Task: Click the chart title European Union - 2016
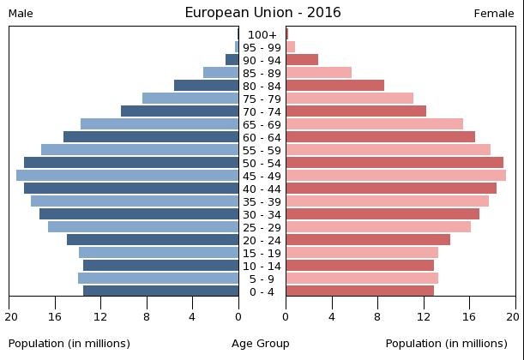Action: (x=262, y=12)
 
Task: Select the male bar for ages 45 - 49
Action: (x=127, y=176)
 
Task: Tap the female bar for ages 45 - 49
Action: (x=395, y=176)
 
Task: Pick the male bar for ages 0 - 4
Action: (x=160, y=291)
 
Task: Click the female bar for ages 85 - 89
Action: (x=318, y=73)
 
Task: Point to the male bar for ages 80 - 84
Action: (x=206, y=86)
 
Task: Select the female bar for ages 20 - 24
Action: (x=368, y=240)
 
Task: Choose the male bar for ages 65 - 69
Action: (x=160, y=124)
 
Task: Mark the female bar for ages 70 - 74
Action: (x=356, y=111)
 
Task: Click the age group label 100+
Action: (x=262, y=34)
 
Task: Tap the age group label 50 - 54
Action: (x=262, y=163)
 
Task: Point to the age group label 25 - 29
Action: (x=262, y=227)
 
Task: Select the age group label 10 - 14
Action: (x=262, y=266)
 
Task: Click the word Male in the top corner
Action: (x=21, y=13)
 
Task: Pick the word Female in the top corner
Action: (x=494, y=13)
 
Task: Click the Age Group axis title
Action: (x=261, y=344)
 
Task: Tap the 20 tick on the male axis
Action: (x=10, y=316)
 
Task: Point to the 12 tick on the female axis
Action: (x=424, y=316)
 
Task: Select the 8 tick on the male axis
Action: (x=147, y=316)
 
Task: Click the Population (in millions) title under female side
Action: (x=446, y=344)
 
